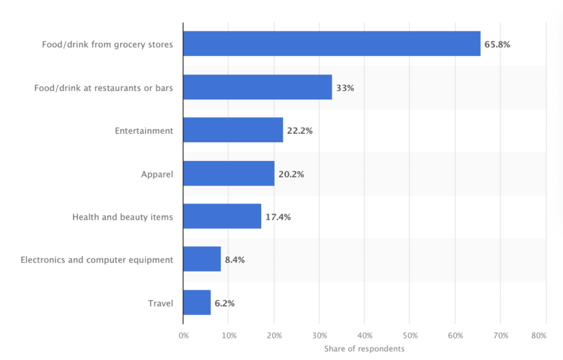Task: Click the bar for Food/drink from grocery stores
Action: [x=331, y=43]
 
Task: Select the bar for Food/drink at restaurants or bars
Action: [x=257, y=87]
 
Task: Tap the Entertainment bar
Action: [x=233, y=130]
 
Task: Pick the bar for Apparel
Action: [x=228, y=173]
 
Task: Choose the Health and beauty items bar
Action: [x=222, y=216]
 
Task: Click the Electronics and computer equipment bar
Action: [x=201, y=259]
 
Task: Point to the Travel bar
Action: [x=197, y=302]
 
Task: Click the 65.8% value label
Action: [x=497, y=44]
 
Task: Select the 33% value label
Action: [x=345, y=88]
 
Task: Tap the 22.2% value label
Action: [x=300, y=131]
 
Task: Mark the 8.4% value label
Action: [x=235, y=260]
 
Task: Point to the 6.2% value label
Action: [x=225, y=303]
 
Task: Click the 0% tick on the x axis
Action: [x=183, y=336]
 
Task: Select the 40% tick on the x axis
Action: [x=364, y=336]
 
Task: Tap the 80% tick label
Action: [x=539, y=336]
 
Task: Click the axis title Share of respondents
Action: [x=364, y=349]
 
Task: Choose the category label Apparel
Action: [x=157, y=174]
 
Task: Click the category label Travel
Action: [x=161, y=303]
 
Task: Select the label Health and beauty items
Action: [x=122, y=217]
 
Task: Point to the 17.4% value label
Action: [x=278, y=217]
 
